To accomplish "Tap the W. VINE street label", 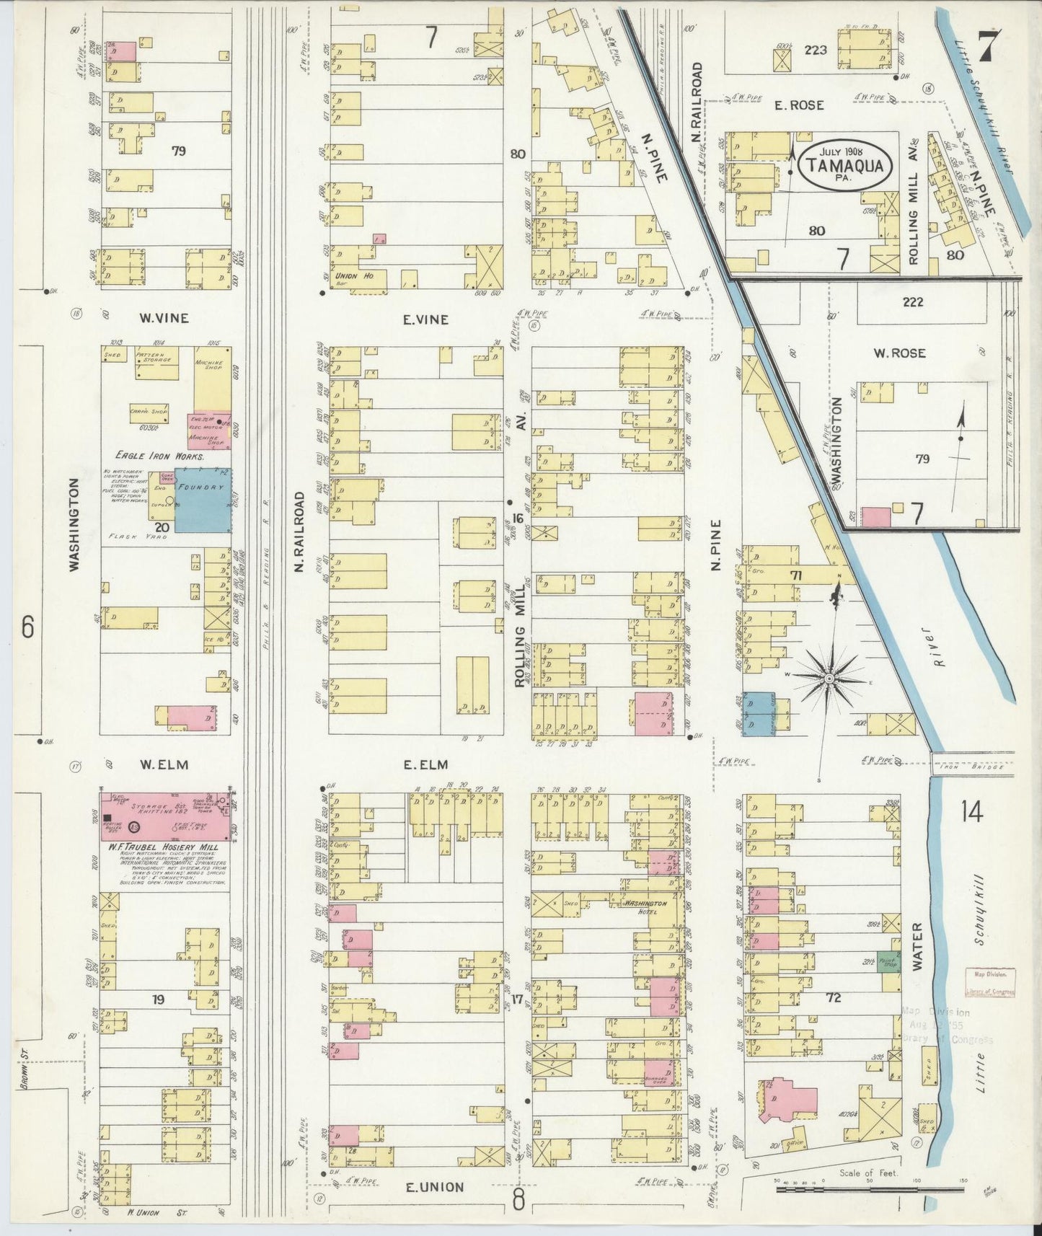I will coord(164,318).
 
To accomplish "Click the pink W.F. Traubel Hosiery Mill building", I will coord(166,816).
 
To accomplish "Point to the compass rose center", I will coord(829,679).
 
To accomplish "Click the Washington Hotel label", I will coord(645,903).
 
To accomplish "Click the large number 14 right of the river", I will coord(971,813).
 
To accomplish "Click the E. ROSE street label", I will coord(799,105).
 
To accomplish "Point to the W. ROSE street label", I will coord(899,353).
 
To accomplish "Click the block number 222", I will coord(912,302).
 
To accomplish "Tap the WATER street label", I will coord(917,946).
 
